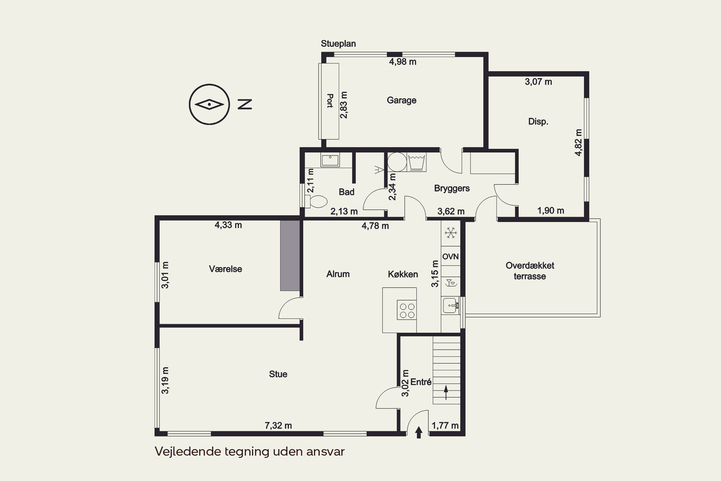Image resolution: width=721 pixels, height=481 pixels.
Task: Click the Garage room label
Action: pyautogui.click(x=402, y=100)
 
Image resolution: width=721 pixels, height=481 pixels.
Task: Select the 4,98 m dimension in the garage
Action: pyautogui.click(x=403, y=62)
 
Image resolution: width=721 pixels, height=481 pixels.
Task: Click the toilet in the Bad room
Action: pyautogui.click(x=316, y=202)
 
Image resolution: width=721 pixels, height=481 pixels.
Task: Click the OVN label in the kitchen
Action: pyautogui.click(x=450, y=256)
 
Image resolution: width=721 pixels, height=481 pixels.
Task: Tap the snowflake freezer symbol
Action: pyautogui.click(x=451, y=233)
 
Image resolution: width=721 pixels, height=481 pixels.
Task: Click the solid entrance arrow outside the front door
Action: pyautogui.click(x=419, y=432)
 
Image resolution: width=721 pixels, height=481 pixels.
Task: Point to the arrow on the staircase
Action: pyautogui.click(x=446, y=393)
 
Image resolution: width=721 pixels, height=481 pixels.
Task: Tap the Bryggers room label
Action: pyautogui.click(x=452, y=188)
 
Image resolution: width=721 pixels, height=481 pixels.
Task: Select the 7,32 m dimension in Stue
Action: pyautogui.click(x=278, y=425)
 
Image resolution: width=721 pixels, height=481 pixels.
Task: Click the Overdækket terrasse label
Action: pyautogui.click(x=530, y=271)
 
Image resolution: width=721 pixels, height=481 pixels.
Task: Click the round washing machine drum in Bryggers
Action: pyautogui.click(x=397, y=162)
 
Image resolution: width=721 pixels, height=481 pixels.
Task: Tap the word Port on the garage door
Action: pyautogui.click(x=330, y=101)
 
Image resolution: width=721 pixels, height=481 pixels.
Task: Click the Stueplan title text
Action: pyautogui.click(x=338, y=44)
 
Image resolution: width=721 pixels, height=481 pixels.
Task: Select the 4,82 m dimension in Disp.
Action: pyautogui.click(x=578, y=142)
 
